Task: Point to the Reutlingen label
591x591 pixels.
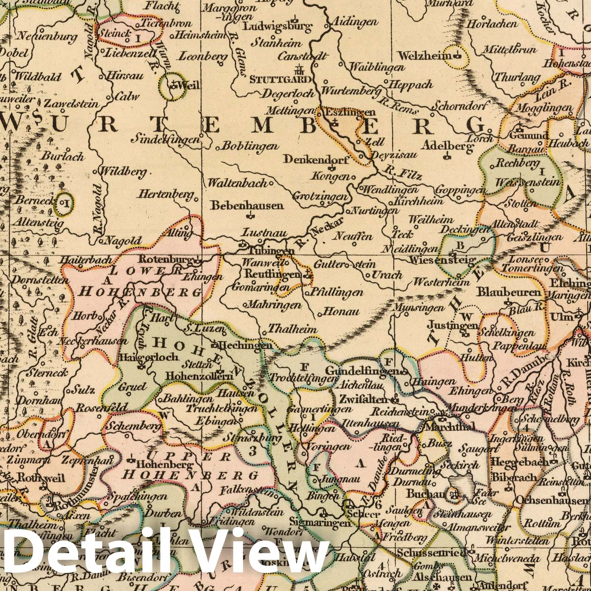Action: pyautogui.click(x=274, y=274)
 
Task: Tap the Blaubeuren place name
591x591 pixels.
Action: pyautogui.click(x=510, y=293)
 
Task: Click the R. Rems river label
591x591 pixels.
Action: pyautogui.click(x=400, y=106)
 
